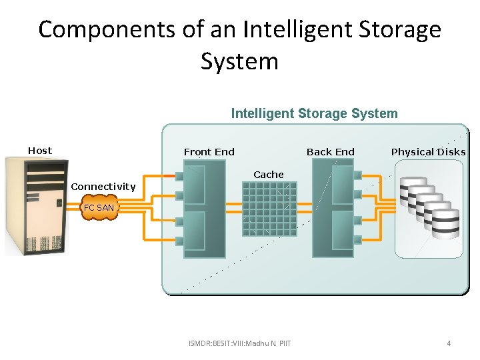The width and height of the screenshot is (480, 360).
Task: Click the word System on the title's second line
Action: click(x=239, y=61)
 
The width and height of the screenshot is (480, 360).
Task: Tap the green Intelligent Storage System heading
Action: click(x=314, y=113)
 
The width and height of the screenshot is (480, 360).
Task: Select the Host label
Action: click(x=40, y=151)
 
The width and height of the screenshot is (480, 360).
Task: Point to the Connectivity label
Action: click(x=103, y=187)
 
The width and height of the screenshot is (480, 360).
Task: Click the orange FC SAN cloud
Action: click(x=99, y=207)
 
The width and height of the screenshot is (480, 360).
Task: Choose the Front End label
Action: click(x=209, y=152)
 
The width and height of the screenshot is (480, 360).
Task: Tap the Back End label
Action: click(x=331, y=152)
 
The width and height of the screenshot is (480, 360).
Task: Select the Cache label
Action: click(x=269, y=175)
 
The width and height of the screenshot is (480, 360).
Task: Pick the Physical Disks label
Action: click(x=428, y=152)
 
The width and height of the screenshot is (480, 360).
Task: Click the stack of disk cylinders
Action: click(x=429, y=207)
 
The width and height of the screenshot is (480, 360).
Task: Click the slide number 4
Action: click(x=449, y=344)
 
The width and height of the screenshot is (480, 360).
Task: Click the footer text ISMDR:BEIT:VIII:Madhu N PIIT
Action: click(x=240, y=344)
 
